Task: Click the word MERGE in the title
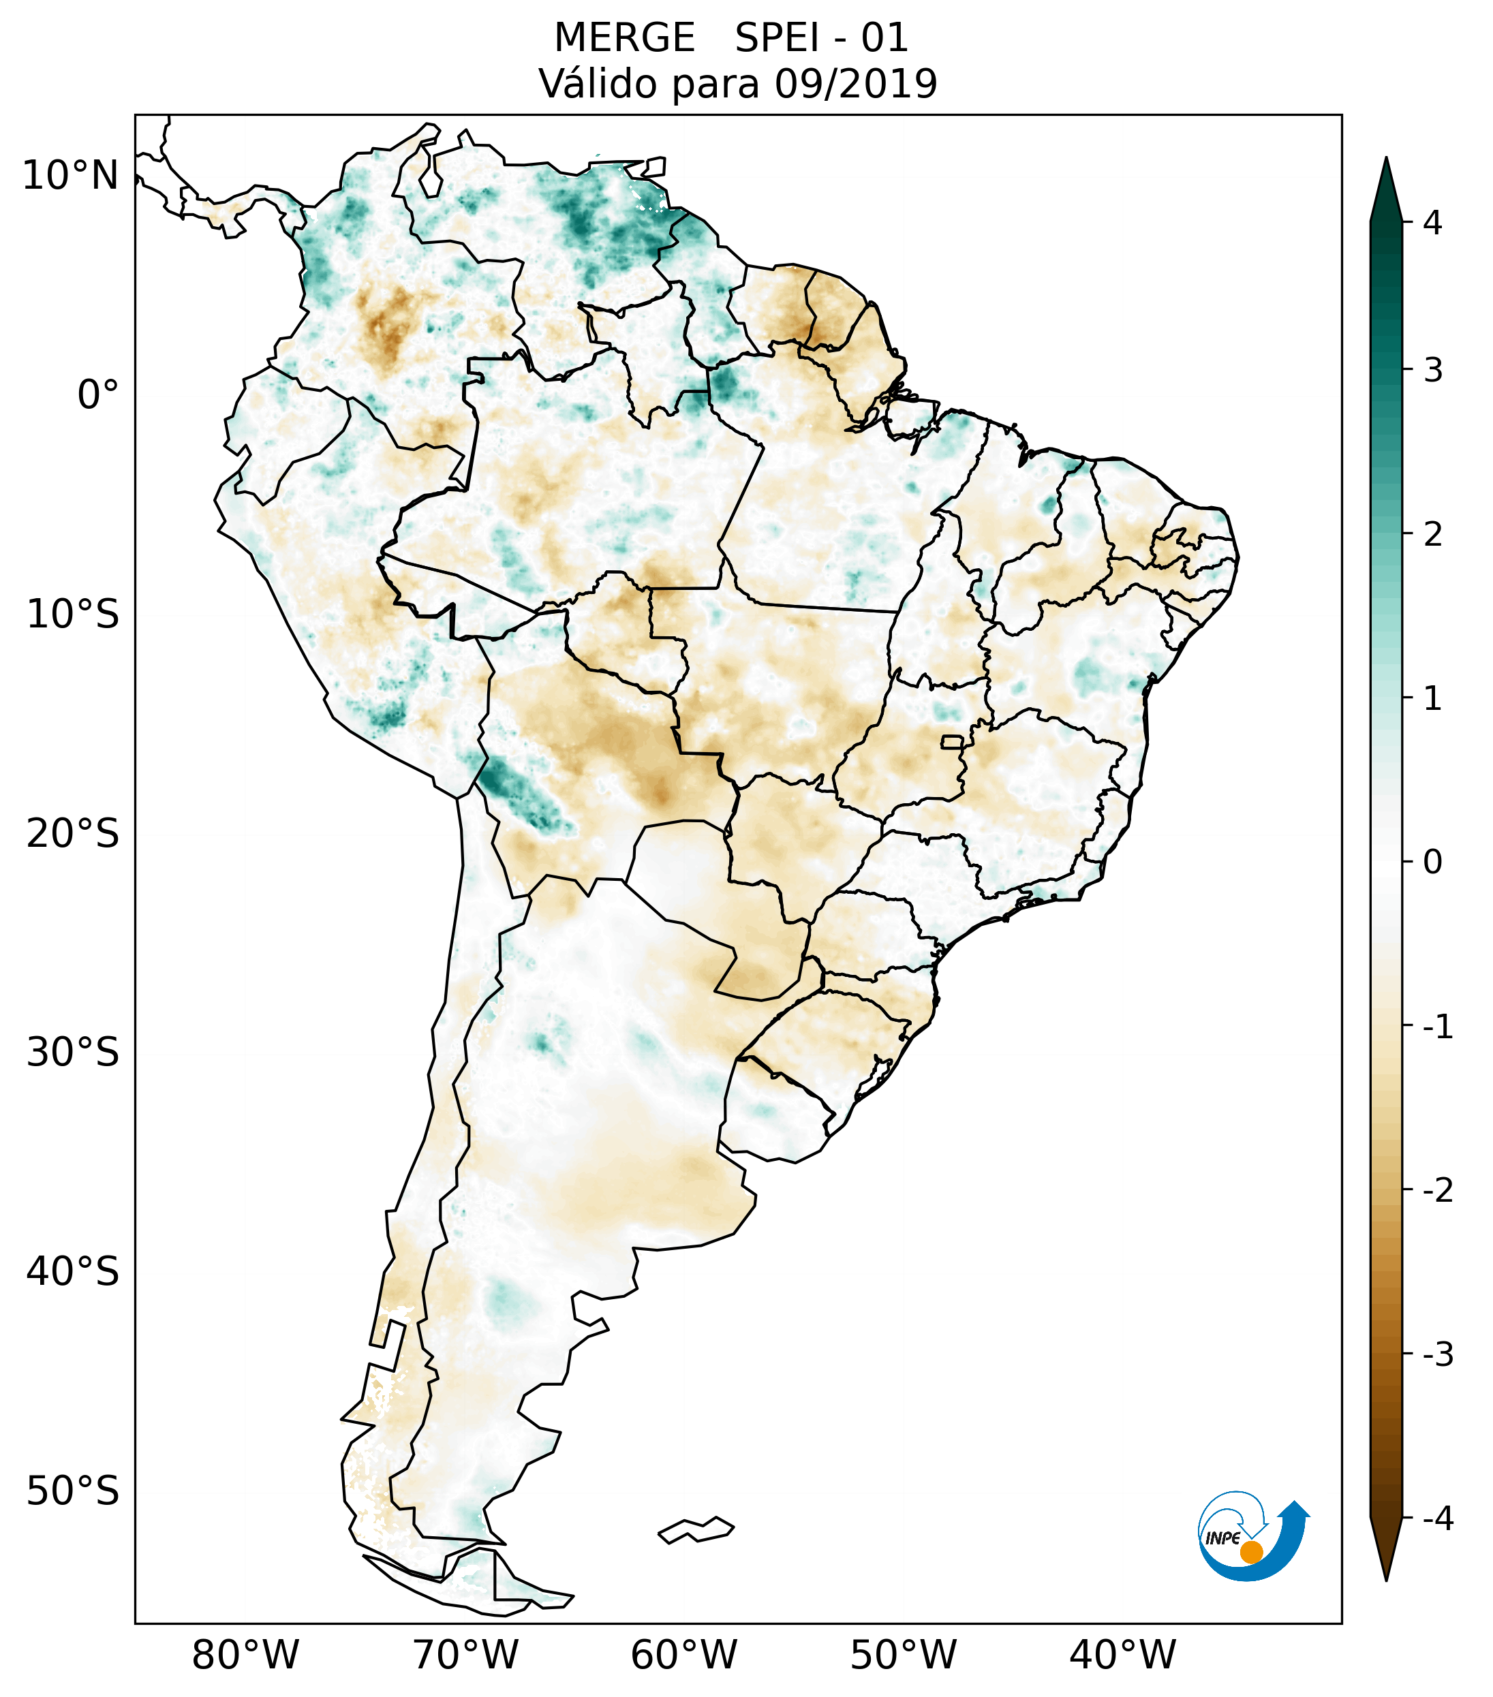coord(624,38)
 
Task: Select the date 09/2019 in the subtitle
coord(855,84)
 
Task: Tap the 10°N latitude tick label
coord(71,176)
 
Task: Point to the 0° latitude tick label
coord(98,394)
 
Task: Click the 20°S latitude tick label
coord(73,834)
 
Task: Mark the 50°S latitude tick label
coord(73,1491)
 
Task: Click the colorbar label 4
coord(1432,223)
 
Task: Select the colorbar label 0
coord(1432,862)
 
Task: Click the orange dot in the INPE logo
coord(1251,1552)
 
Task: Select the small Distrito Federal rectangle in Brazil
coord(951,741)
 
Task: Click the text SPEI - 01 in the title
coord(821,38)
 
